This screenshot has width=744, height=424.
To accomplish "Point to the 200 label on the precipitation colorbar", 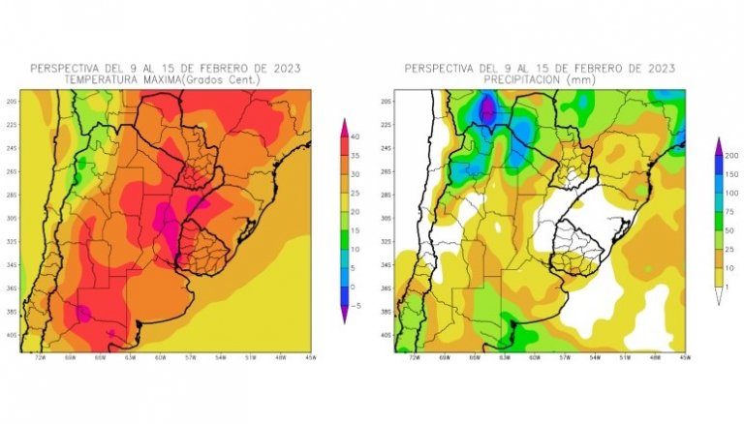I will pyautogui.click(x=733, y=155).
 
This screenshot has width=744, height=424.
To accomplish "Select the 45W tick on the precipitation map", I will pyautogui.click(x=684, y=358).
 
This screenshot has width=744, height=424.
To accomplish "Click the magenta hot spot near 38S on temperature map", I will pyautogui.click(x=82, y=312).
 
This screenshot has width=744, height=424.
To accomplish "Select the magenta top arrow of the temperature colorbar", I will pyautogui.click(x=344, y=125).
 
